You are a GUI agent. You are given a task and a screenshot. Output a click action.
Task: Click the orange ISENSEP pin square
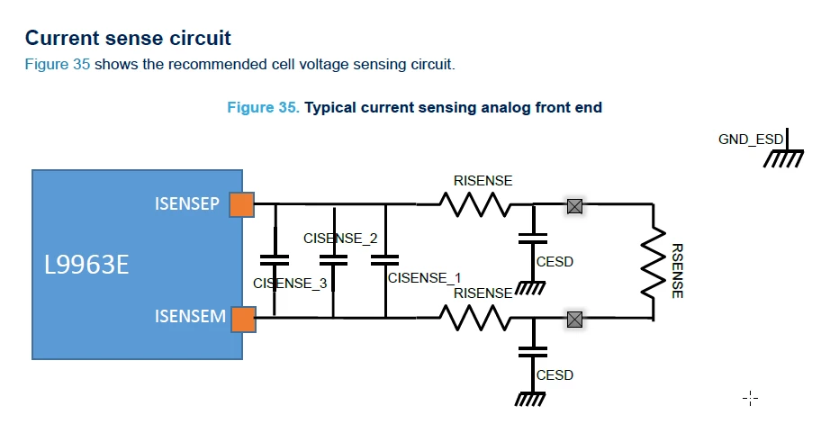pyautogui.click(x=242, y=205)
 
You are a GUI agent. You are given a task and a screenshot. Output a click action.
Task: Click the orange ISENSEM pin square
pyautogui.click(x=243, y=320)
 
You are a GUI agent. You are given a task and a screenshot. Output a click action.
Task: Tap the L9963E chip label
pyautogui.click(x=86, y=265)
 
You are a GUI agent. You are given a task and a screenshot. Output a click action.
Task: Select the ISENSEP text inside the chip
pyautogui.click(x=187, y=203)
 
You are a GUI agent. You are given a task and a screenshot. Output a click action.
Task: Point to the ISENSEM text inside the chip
pyautogui.click(x=190, y=317)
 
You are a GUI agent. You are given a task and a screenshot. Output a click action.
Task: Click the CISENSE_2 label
pyautogui.click(x=340, y=239)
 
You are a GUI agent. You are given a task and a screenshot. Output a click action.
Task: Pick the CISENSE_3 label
pyautogui.click(x=290, y=284)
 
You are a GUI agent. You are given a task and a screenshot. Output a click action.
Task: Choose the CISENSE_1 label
pyautogui.click(x=425, y=278)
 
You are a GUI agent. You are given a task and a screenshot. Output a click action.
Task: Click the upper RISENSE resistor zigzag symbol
pyautogui.click(x=474, y=204)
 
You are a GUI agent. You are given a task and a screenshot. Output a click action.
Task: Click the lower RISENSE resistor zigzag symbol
pyautogui.click(x=474, y=318)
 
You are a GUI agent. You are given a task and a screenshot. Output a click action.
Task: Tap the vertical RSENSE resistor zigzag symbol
pyautogui.click(x=654, y=262)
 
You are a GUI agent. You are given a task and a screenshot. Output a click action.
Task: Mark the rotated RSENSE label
pyautogui.click(x=677, y=270)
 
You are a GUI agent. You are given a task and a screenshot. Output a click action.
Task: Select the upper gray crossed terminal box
pyautogui.click(x=575, y=206)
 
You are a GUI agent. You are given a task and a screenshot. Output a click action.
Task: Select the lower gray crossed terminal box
pyautogui.click(x=575, y=320)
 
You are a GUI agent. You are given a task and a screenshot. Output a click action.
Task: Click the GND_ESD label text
pyautogui.click(x=751, y=140)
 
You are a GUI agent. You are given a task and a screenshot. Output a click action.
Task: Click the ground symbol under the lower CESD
pyautogui.click(x=530, y=398)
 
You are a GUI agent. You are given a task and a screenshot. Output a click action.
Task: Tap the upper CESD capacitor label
pyautogui.click(x=555, y=262)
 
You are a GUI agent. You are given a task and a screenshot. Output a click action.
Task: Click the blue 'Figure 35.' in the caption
pyautogui.click(x=263, y=107)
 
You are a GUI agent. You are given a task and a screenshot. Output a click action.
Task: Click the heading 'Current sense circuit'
pyautogui.click(x=128, y=38)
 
